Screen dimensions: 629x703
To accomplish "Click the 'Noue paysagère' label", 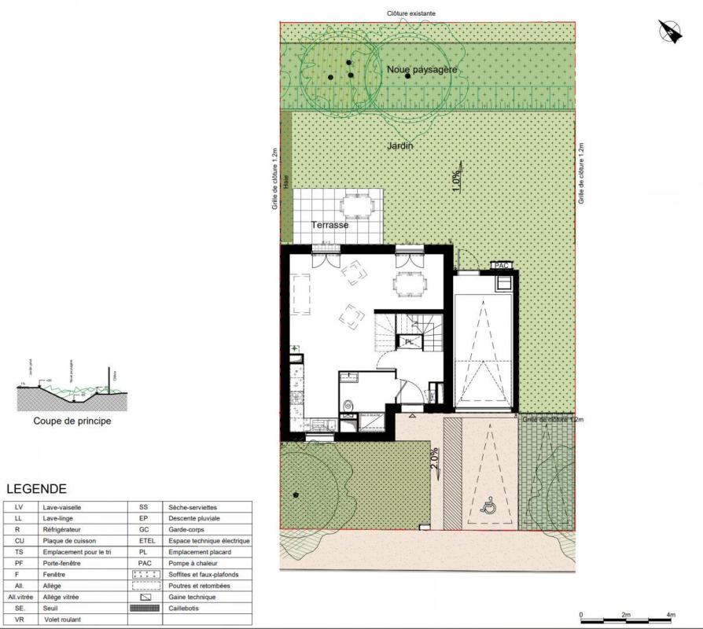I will [x=421, y=70].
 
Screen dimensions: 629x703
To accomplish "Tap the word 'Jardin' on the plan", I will [x=399, y=146].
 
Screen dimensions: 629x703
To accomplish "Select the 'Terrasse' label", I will [x=329, y=225].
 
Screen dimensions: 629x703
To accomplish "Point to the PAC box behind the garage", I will [x=501, y=266].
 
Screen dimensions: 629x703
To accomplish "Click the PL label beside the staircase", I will [x=409, y=341].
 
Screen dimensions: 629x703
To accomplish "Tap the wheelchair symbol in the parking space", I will [x=489, y=506].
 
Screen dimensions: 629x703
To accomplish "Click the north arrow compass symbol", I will [x=669, y=31].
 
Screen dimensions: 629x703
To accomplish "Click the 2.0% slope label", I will [x=434, y=458].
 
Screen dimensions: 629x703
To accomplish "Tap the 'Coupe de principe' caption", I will [x=72, y=421].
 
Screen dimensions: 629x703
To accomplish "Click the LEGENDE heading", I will [x=36, y=489].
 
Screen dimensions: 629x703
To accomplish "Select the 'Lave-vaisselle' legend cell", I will [x=70, y=508].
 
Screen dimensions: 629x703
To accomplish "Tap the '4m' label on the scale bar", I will [x=671, y=615].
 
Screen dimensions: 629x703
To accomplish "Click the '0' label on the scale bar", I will [x=581, y=615].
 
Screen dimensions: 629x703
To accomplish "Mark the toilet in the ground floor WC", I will [x=348, y=405].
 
